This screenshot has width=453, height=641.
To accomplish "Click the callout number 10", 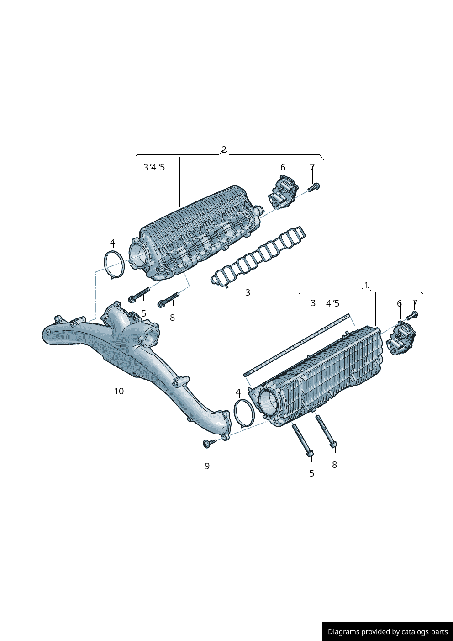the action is click(x=119, y=391).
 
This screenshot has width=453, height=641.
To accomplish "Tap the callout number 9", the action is click(x=207, y=466).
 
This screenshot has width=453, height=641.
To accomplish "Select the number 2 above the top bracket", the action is click(x=224, y=149).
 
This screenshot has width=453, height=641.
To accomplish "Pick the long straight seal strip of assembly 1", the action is click(x=296, y=345).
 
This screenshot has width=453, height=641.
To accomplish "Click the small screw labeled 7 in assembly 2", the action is click(x=314, y=187).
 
